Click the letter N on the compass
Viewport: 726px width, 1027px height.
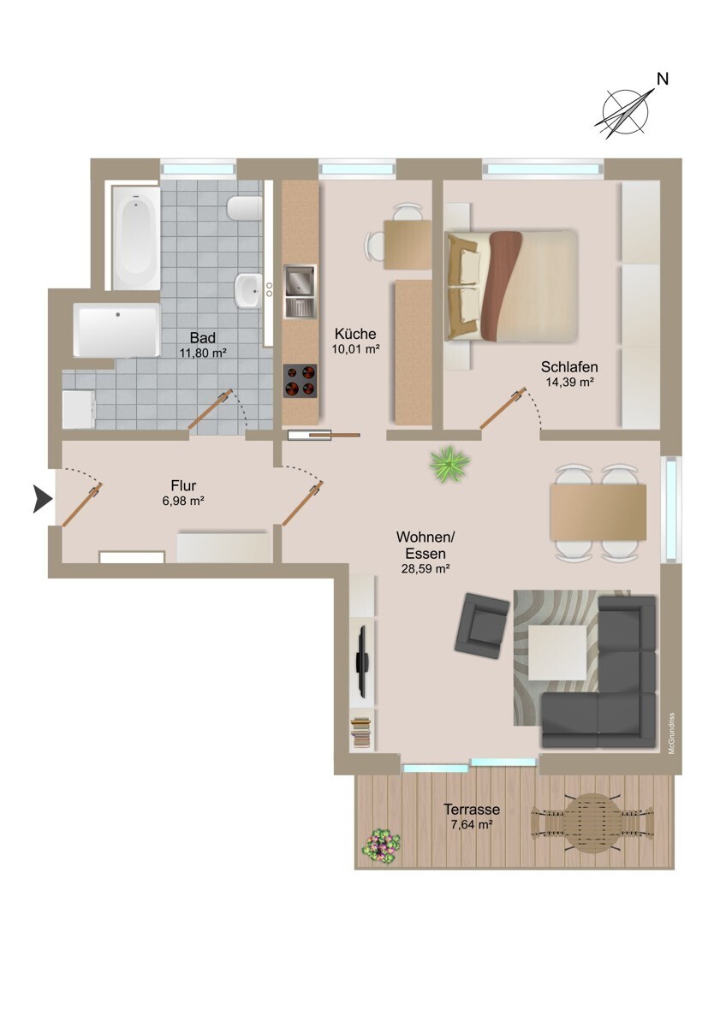(x=662, y=79)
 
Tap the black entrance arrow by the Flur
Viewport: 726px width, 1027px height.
(x=42, y=499)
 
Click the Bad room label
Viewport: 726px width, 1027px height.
(x=202, y=338)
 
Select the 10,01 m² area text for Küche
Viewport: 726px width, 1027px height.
(x=355, y=349)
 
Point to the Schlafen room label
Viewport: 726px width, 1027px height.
(x=569, y=367)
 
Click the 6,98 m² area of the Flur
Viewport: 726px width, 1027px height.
(x=183, y=501)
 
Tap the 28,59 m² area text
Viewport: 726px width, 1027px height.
(x=425, y=569)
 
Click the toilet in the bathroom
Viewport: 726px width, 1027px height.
(x=245, y=209)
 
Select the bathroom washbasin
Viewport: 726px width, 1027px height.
(x=248, y=289)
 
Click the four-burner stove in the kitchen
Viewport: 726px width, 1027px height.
(x=301, y=381)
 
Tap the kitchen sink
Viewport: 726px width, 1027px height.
(x=300, y=291)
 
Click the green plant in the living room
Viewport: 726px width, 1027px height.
(x=449, y=464)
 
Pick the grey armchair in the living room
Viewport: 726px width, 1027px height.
(x=481, y=626)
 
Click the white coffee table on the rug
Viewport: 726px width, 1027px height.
(x=557, y=653)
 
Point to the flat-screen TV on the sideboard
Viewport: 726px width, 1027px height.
(x=363, y=662)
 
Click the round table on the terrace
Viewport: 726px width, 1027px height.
(x=592, y=822)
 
